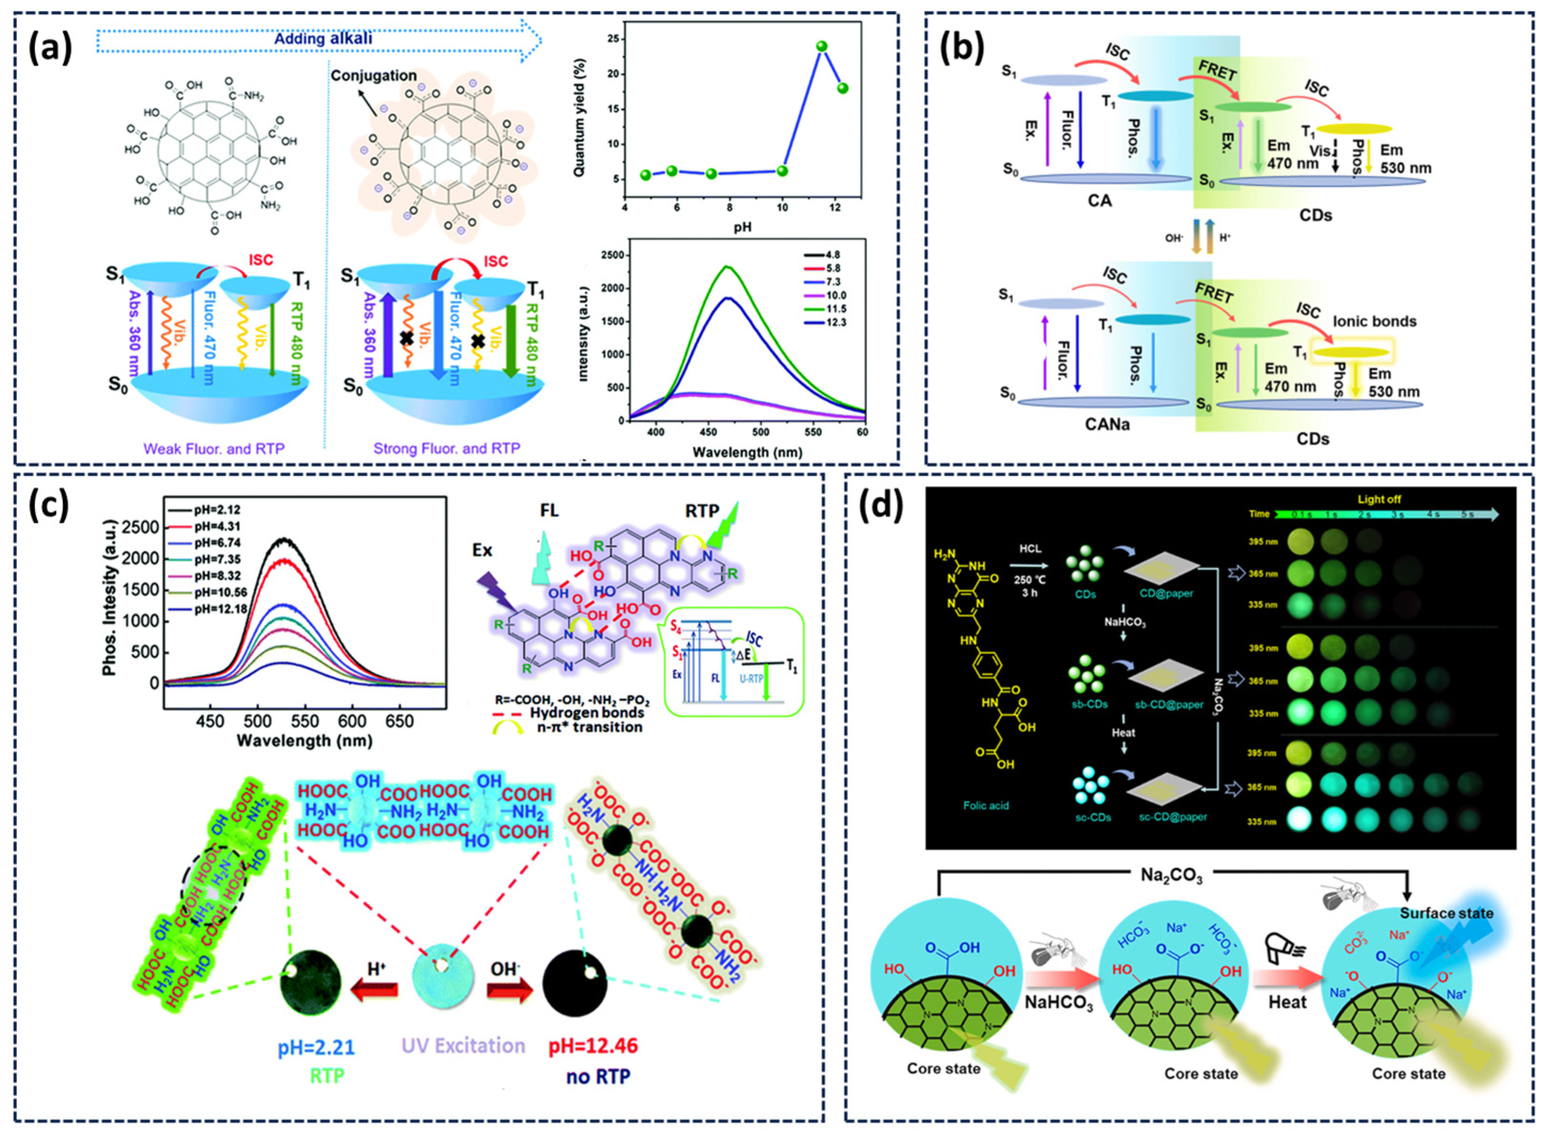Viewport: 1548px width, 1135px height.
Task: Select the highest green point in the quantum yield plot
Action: (x=822, y=46)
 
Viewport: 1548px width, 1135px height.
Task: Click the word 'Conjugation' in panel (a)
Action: (x=374, y=75)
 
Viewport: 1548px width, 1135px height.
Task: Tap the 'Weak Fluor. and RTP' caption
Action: (x=214, y=449)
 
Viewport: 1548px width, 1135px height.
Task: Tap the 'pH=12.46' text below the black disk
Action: (x=593, y=1046)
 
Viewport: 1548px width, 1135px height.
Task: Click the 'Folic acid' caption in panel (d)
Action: (x=986, y=805)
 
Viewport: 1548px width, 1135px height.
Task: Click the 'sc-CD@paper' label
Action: (x=1173, y=817)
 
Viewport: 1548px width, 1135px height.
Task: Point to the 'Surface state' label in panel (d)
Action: (x=1446, y=913)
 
